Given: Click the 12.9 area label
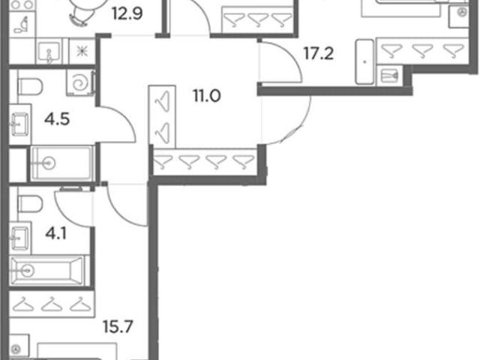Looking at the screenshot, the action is click(127, 13).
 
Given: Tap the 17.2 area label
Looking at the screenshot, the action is click(318, 54).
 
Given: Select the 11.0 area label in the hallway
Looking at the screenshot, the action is click(207, 96).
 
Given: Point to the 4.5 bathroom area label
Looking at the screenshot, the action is click(57, 119).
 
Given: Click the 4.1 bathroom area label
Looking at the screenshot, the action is click(56, 234).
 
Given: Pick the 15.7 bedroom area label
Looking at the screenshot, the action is click(118, 327).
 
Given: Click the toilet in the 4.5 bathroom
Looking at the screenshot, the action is click(30, 87).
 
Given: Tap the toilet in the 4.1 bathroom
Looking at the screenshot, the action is click(30, 205).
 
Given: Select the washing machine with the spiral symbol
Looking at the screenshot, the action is click(80, 82).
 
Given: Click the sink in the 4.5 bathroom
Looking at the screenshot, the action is click(20, 124).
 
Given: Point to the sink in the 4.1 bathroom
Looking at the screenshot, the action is click(20, 238).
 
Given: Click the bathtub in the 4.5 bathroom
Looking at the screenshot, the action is click(62, 163).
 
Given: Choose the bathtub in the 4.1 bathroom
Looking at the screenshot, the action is click(48, 271).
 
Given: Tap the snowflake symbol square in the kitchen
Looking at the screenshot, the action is click(82, 51).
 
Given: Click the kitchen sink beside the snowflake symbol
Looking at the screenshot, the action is click(49, 52).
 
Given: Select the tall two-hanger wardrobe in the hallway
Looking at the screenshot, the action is click(162, 117).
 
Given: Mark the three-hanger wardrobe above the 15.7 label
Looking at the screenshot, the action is click(52, 304).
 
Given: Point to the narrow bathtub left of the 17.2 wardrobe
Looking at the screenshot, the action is click(364, 61).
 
